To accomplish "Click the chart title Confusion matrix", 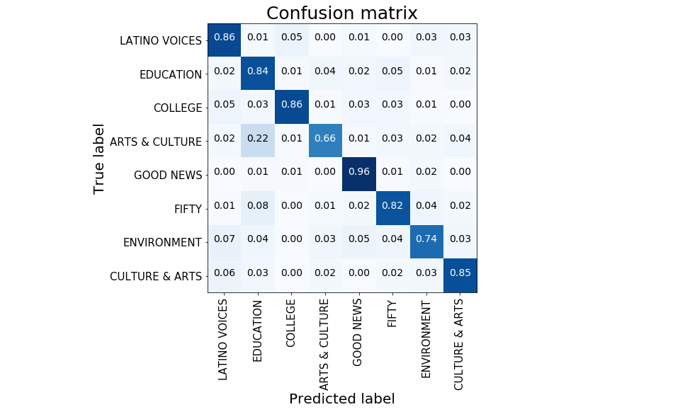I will (x=341, y=13).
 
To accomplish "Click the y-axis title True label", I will (x=99, y=159).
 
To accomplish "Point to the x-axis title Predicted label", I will (x=341, y=399).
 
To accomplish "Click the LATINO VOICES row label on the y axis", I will (x=161, y=41).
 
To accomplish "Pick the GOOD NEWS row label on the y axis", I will (x=168, y=175).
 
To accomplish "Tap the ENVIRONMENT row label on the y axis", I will (x=162, y=242).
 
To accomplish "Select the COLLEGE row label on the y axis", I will (x=178, y=108).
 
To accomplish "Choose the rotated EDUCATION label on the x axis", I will (x=258, y=331).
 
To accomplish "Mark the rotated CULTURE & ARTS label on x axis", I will (x=460, y=344).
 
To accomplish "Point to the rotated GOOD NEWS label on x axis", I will (x=358, y=332).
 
